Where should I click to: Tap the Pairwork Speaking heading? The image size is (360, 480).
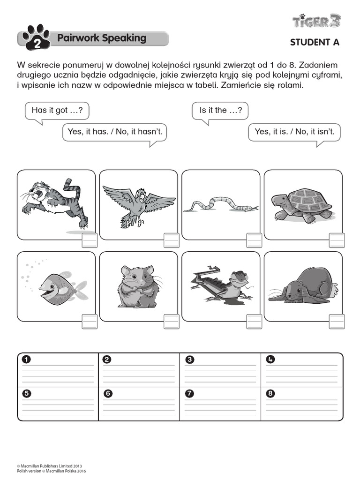tap(101, 38)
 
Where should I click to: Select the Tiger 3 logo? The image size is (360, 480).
tap(317, 21)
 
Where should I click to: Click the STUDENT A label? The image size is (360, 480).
tap(314, 42)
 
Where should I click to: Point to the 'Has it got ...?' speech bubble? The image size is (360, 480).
tap(57, 111)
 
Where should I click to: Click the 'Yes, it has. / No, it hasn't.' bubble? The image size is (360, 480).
tap(115, 132)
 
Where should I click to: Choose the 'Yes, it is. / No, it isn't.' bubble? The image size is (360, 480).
tap(294, 132)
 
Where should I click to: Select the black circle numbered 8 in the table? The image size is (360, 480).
tap(270, 393)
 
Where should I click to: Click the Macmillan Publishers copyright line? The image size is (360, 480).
tap(52, 466)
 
